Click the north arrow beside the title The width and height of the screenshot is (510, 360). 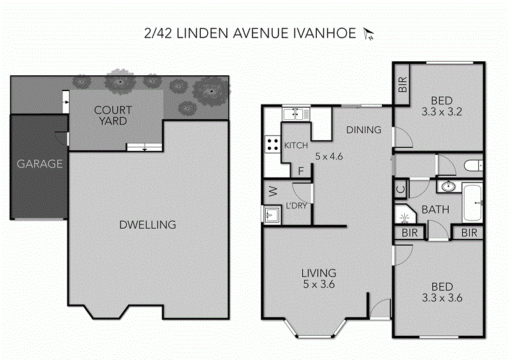pos(367,33)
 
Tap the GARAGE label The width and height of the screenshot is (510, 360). pos(40,164)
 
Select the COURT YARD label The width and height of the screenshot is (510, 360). pos(113,115)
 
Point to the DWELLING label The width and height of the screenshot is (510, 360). pos(147,225)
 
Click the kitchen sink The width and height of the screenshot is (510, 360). pos(295,114)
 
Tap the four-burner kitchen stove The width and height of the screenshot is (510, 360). pos(273,145)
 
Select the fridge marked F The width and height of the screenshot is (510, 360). pos(302,171)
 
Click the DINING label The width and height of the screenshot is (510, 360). pos(363,130)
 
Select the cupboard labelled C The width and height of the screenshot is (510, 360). pos(400,189)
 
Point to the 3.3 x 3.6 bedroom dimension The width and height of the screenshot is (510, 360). pos(442,297)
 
